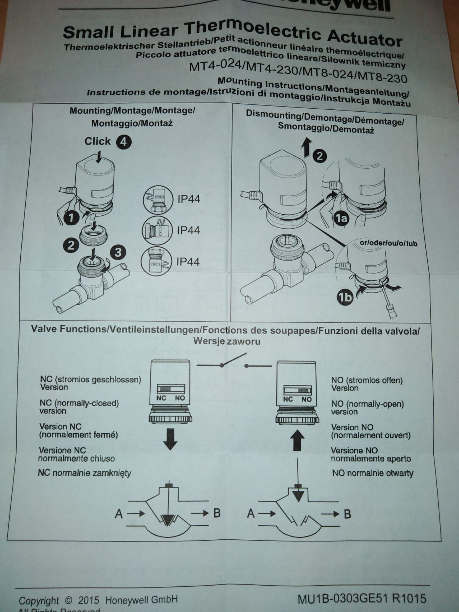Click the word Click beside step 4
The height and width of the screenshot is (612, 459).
click(x=97, y=141)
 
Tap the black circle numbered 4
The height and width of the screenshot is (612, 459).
click(x=124, y=142)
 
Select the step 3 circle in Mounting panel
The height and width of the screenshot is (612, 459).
click(x=118, y=252)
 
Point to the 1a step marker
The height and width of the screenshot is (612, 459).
click(x=342, y=218)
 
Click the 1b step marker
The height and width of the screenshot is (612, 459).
click(x=345, y=298)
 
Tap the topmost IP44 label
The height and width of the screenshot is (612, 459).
click(x=188, y=199)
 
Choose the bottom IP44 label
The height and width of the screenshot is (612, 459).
click(x=188, y=262)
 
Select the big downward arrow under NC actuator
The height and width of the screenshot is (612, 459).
click(x=170, y=439)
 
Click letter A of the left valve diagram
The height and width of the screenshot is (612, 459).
click(x=119, y=514)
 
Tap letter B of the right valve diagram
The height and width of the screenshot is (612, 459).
click(x=347, y=514)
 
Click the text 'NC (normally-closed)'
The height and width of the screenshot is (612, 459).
click(x=79, y=403)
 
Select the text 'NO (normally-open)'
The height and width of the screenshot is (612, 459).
click(x=367, y=404)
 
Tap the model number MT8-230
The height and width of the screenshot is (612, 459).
click(x=382, y=78)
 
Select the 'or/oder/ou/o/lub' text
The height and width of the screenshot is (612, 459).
click(x=388, y=243)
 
